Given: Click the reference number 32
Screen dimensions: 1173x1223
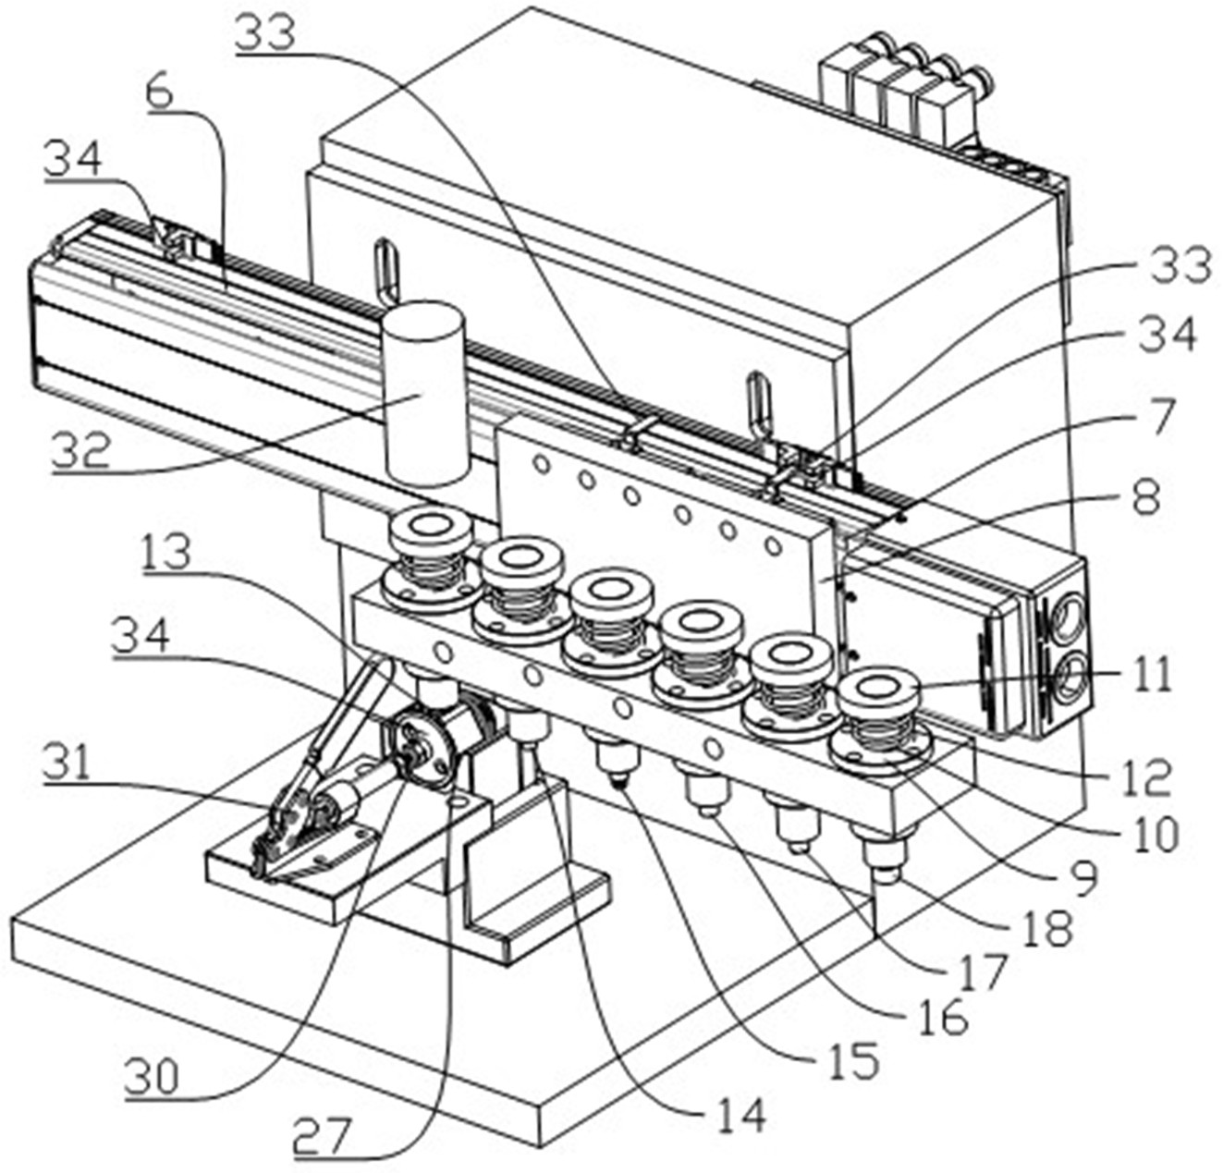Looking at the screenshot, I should pos(81,450).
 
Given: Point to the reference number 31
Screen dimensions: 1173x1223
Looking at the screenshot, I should pos(69,764).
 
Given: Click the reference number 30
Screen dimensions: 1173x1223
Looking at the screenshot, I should pos(153,1078).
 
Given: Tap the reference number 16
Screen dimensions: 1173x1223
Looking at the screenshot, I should pos(941,1017).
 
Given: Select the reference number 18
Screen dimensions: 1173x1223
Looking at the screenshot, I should pos(1048,927).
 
